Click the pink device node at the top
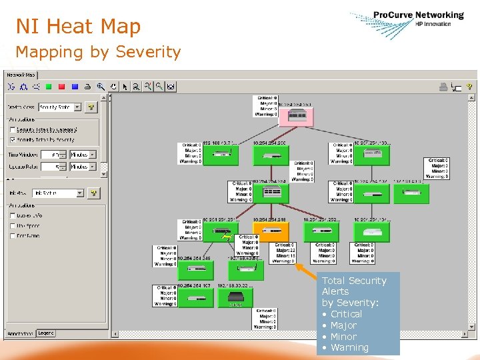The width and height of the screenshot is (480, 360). pyautogui.click(x=297, y=116)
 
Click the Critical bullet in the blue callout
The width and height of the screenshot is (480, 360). pyautogui.click(x=345, y=314)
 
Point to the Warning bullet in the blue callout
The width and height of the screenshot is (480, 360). pyautogui.click(x=349, y=347)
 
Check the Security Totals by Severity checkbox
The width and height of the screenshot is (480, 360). pyautogui.click(x=13, y=140)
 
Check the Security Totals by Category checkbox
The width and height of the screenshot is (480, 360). pyautogui.click(x=13, y=129)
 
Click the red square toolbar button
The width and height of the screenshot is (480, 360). pyautogui.click(x=61, y=86)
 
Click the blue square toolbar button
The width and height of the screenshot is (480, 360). pyautogui.click(x=75, y=86)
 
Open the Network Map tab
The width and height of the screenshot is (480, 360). pyautogui.click(x=20, y=75)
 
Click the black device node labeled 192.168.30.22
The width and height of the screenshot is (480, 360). pyautogui.click(x=236, y=297)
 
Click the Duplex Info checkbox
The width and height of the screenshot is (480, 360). pyautogui.click(x=13, y=215)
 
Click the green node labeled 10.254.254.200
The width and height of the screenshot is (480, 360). pyautogui.click(x=271, y=156)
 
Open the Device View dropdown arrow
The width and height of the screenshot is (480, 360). pyautogui.click(x=77, y=107)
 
